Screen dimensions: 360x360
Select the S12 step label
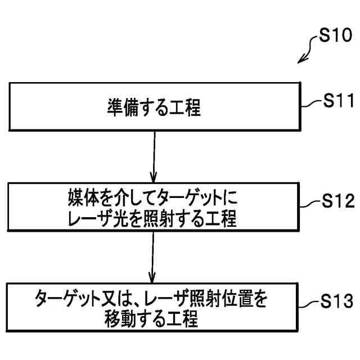[337, 200]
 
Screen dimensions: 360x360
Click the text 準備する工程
[154, 107]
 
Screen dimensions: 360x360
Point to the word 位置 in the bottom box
[231, 299]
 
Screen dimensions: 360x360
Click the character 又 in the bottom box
[111, 299]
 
